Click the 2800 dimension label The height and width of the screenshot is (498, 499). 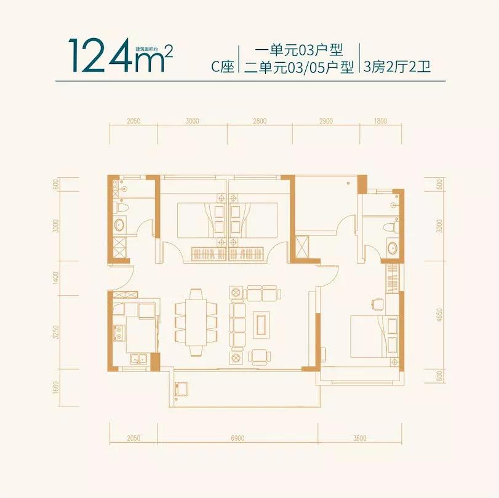259,121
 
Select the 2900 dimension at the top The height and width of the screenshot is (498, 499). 325,121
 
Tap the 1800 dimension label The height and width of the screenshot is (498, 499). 380,121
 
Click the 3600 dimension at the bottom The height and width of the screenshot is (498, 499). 360,438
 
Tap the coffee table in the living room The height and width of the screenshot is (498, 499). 261,322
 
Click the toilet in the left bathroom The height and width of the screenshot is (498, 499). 122,209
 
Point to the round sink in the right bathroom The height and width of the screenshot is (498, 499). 392,248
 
